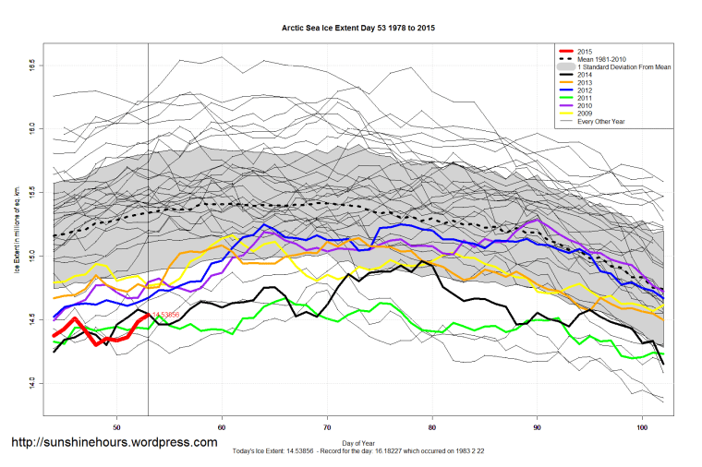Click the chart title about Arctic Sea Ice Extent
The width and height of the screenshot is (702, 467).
pos(358,29)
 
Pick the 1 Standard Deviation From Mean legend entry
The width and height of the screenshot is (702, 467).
pos(623,68)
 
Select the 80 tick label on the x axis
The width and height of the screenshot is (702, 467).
pos(433,427)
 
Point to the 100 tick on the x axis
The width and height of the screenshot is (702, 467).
pos(643,427)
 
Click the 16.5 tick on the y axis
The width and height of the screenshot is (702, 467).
pos(31,66)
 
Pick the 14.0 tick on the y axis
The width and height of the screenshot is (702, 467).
pos(31,381)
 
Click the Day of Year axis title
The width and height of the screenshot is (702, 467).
pos(358,443)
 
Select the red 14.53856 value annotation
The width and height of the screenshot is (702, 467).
pos(167,316)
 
